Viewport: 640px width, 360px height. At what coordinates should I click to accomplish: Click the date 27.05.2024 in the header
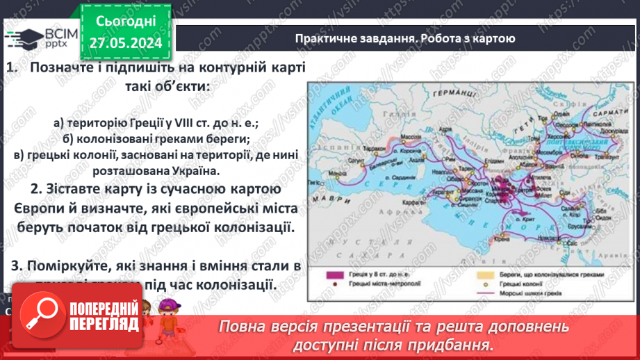126,43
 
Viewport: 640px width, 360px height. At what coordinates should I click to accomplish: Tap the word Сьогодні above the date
126,22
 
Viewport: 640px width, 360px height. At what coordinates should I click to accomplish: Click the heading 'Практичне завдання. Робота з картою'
404,39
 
